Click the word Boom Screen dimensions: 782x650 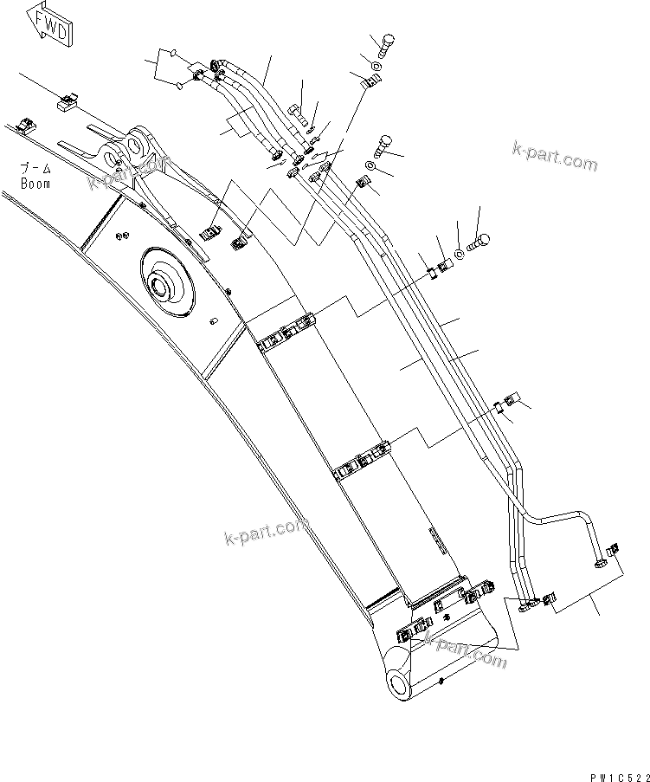point(36,184)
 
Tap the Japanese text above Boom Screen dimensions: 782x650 point(36,169)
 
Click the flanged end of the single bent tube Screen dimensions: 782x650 point(599,565)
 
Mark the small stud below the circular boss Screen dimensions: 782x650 point(211,323)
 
